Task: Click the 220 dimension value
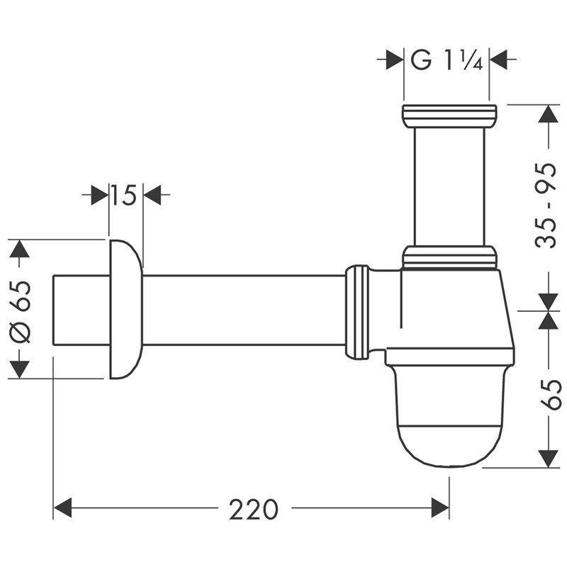[254, 508]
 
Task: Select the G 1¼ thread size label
[447, 61]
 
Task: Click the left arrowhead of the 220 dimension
[64, 507]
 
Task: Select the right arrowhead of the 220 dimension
[439, 507]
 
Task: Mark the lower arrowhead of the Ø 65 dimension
[20, 369]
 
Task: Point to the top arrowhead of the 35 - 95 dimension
[548, 116]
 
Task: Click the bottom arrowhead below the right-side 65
[548, 458]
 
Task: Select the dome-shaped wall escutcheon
[125, 309]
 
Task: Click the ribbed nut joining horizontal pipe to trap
[357, 311]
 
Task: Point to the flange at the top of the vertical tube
[449, 116]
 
